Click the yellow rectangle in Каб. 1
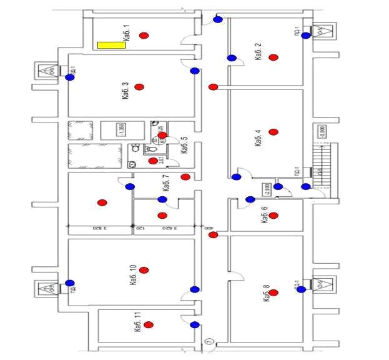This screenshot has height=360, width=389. [x=110, y=45]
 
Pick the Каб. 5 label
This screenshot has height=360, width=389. [x=184, y=146]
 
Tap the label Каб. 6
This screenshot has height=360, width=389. [x=264, y=214]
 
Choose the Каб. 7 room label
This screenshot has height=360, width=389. [x=166, y=183]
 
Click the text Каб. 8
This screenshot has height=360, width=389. [x=267, y=293]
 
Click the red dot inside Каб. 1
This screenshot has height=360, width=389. [x=144, y=36]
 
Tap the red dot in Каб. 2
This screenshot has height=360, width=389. [x=273, y=57]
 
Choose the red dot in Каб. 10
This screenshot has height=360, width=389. [x=144, y=270]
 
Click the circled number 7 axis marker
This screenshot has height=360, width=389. [x=209, y=342]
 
